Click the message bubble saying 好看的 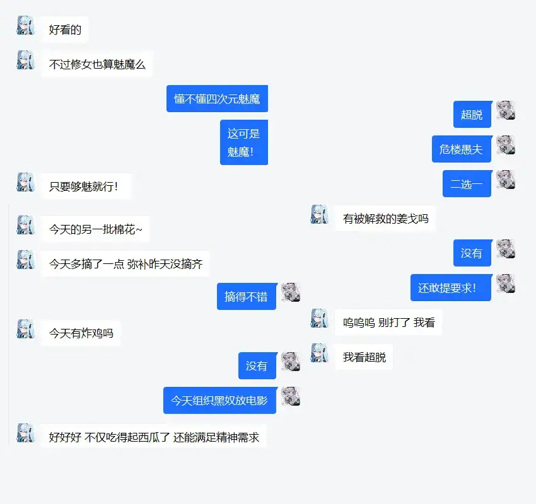(x=65, y=29)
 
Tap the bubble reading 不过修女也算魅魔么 (x=96, y=64)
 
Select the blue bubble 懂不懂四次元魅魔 (x=217, y=98)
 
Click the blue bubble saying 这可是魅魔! (x=244, y=142)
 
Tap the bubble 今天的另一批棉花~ (x=96, y=229)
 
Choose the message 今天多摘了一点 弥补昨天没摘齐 (x=125, y=264)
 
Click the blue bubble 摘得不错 (x=246, y=296)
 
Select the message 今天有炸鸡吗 (x=81, y=333)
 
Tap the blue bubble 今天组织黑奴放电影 (x=219, y=400)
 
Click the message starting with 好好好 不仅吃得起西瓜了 (x=154, y=437)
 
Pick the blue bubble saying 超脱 (x=472, y=114)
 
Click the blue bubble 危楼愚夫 (x=461, y=149)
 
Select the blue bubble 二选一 (x=467, y=184)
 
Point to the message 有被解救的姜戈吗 (x=385, y=219)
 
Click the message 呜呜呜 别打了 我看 (x=388, y=323)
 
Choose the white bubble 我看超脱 (x=364, y=357)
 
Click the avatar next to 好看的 (x=26, y=25)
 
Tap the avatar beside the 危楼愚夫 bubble (x=506, y=145)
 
